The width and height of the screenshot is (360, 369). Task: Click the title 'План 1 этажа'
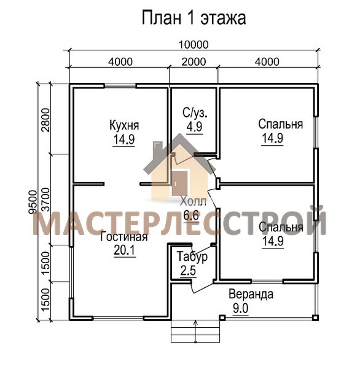click(x=194, y=18)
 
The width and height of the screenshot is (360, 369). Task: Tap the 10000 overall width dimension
click(x=194, y=44)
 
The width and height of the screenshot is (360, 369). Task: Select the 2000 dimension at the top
click(x=194, y=61)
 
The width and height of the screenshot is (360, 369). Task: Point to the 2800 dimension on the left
click(x=45, y=120)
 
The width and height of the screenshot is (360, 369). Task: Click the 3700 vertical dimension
click(x=45, y=199)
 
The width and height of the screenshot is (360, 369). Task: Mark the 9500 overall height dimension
click(x=33, y=202)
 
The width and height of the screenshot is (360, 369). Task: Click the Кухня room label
click(x=124, y=125)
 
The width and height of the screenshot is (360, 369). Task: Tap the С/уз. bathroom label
click(x=195, y=113)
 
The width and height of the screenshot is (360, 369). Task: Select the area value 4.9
click(x=195, y=127)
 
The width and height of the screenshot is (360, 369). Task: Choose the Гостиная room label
click(x=124, y=237)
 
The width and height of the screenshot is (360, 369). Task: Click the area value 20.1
click(x=125, y=250)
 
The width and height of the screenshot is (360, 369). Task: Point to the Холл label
click(x=194, y=202)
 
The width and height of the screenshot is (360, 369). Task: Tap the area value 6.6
click(x=191, y=215)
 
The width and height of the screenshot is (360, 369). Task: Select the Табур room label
click(x=192, y=256)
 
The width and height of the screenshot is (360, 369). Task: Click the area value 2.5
click(x=188, y=271)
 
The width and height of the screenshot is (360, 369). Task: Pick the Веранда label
click(x=251, y=295)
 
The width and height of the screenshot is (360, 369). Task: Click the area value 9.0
click(x=241, y=308)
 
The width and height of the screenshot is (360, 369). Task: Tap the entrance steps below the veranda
click(x=195, y=331)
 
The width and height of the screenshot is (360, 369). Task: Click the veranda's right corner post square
click(x=315, y=318)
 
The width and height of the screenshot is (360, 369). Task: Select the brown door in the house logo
click(x=180, y=183)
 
